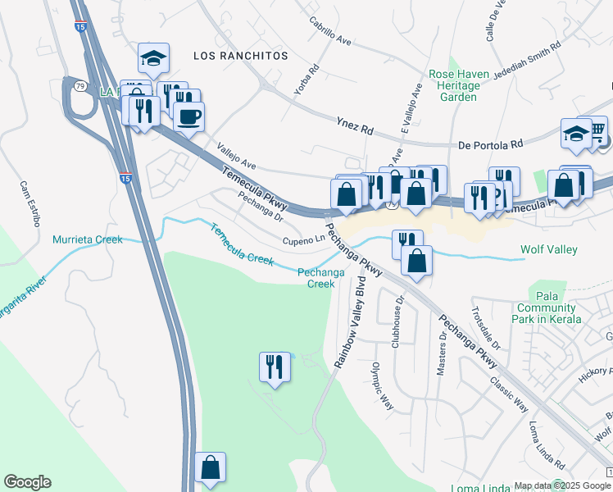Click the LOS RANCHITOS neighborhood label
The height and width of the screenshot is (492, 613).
point(241,55)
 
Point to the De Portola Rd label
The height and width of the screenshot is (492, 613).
point(491,143)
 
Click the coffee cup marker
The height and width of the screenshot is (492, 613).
point(188,116)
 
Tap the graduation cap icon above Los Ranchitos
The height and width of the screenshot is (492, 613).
point(153,57)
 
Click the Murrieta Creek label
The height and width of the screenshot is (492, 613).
point(87,239)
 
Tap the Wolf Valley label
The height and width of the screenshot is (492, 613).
point(549,249)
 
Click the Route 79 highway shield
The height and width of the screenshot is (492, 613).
point(79,84)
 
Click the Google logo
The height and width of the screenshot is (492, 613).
point(27,482)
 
